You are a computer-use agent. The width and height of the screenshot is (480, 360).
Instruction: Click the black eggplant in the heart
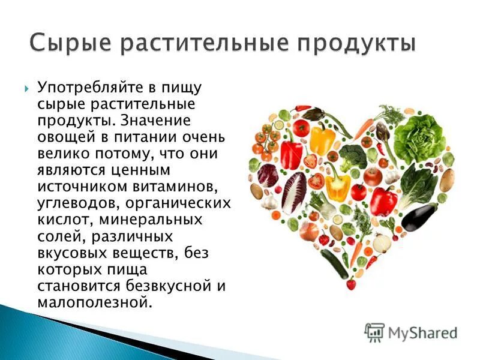419,216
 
